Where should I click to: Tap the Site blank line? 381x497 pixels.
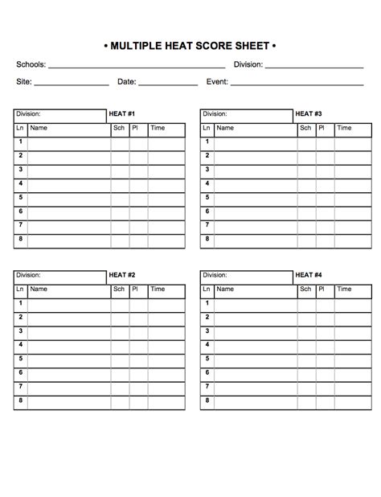(72, 83)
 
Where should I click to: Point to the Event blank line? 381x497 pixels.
(297, 83)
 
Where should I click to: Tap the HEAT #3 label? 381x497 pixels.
(309, 115)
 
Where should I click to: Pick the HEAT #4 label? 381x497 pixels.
(309, 275)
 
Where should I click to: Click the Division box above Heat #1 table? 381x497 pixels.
(59, 115)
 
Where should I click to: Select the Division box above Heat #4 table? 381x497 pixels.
(246, 275)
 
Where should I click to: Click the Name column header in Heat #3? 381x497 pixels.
(225, 128)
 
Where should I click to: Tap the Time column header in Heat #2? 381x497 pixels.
(158, 289)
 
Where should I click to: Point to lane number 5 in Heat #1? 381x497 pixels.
(20, 198)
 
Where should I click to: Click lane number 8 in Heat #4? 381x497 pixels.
(207, 400)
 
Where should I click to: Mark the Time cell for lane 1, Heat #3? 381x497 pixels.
(354, 142)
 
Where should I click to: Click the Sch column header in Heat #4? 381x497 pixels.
(306, 289)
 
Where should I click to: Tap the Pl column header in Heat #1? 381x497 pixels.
(135, 128)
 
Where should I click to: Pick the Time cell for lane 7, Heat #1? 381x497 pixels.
(166, 226)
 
